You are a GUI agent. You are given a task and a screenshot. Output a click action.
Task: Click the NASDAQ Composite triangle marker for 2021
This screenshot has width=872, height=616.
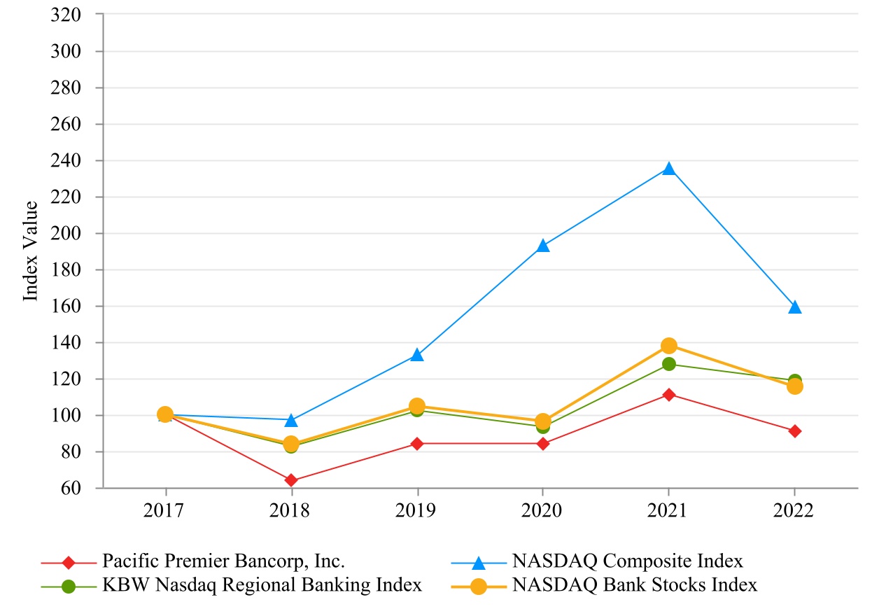click(669, 169)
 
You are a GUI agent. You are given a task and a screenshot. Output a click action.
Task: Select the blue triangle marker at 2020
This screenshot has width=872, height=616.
click(542, 246)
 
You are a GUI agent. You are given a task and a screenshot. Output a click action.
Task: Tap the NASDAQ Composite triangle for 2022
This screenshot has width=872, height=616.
click(795, 307)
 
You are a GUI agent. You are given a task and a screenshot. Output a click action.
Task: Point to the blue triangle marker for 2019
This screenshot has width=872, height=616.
click(417, 355)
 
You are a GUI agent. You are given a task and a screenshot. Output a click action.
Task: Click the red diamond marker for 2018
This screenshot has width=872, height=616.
click(291, 480)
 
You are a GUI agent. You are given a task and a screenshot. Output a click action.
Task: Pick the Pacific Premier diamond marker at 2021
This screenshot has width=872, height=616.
click(669, 395)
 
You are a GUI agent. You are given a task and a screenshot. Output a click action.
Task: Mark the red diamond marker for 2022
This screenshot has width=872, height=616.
click(795, 431)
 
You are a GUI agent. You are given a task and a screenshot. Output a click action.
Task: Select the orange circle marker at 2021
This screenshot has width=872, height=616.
click(669, 345)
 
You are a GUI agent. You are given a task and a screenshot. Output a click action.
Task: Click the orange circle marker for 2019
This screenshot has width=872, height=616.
click(417, 406)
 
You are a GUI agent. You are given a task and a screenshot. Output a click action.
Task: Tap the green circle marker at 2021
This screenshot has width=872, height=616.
click(669, 364)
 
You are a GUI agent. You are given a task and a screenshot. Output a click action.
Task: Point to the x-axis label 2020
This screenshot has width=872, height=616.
click(542, 510)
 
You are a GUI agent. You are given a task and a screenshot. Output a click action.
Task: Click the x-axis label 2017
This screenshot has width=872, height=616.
click(163, 510)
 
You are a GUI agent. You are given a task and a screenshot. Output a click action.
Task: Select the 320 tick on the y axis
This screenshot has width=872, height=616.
click(66, 15)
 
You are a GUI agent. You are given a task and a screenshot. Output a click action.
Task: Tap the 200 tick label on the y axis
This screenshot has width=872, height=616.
click(66, 233)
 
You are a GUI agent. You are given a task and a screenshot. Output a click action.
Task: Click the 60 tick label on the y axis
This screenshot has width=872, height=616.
click(71, 488)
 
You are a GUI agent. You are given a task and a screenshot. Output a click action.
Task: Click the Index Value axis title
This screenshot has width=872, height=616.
click(30, 251)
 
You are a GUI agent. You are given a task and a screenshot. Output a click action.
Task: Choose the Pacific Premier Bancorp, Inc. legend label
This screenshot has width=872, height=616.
click(223, 561)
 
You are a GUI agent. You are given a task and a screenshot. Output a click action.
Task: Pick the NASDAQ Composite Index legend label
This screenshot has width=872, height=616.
click(628, 561)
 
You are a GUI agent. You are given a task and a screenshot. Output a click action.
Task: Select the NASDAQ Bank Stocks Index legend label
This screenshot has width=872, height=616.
click(635, 585)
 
